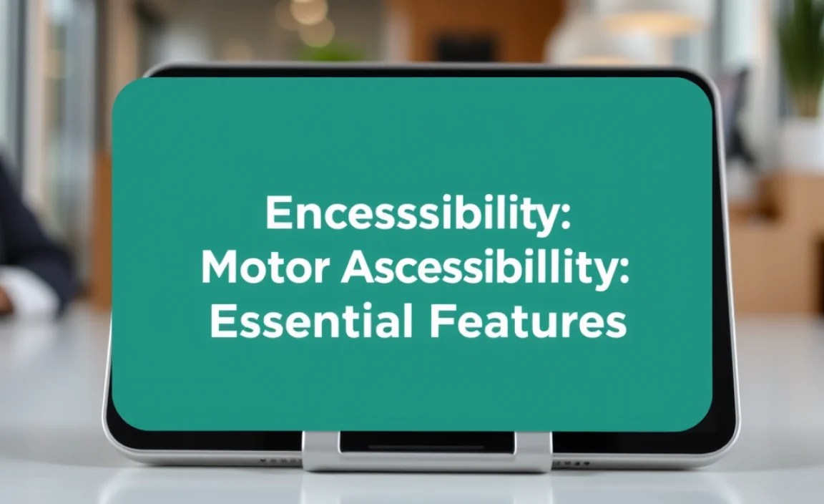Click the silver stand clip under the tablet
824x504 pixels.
pyautogui.click(x=426, y=451)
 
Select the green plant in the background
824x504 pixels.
pyautogui.click(x=801, y=57)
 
